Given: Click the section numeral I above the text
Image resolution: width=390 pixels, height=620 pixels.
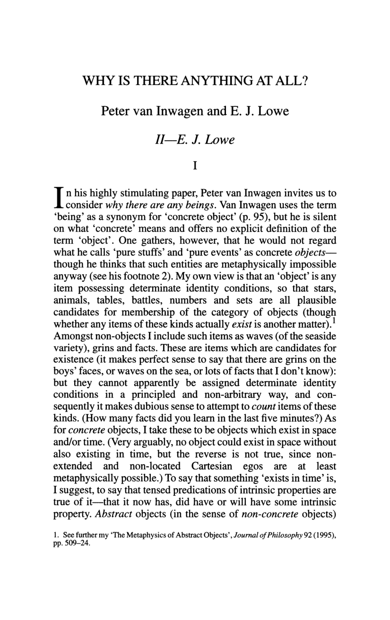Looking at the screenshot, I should click(x=195, y=166).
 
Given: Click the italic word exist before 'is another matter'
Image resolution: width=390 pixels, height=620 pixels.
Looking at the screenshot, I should click(x=243, y=323).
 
